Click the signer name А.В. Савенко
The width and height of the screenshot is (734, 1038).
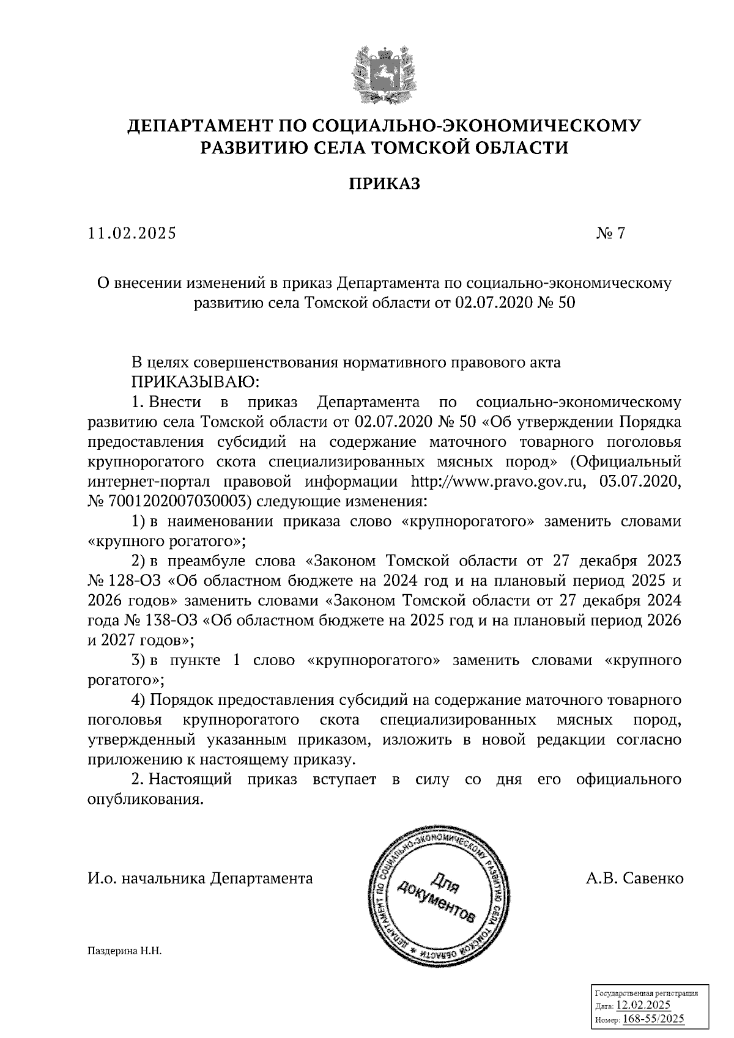click(x=634, y=879)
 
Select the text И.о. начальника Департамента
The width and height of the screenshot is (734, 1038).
click(x=200, y=879)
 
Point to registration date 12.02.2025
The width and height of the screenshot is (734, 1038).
click(x=643, y=1006)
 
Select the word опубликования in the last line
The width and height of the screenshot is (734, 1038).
click(x=145, y=800)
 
